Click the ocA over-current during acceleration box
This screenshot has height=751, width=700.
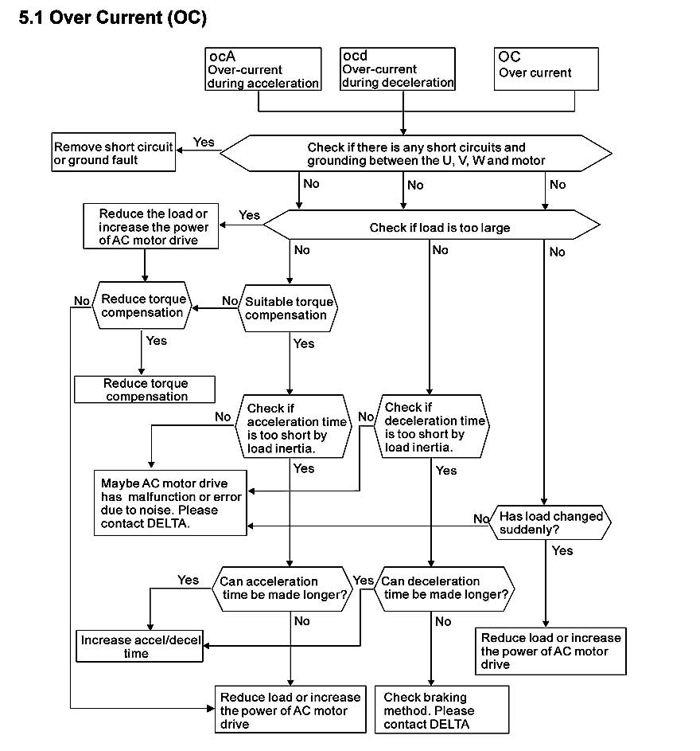(x=262, y=69)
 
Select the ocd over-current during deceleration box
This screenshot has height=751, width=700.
(x=398, y=69)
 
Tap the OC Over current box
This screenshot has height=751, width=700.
(x=546, y=69)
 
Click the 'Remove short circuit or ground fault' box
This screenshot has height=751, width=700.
(x=114, y=152)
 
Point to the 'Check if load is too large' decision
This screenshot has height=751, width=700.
(x=432, y=225)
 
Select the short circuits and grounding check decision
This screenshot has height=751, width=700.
(x=416, y=153)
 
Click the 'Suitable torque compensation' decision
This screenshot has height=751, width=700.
(x=287, y=308)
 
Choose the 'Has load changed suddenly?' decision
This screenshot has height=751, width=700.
(x=550, y=522)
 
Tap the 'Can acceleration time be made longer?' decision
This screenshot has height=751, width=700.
(x=282, y=589)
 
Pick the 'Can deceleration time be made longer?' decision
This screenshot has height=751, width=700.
(x=444, y=589)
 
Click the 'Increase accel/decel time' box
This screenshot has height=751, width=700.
(x=139, y=646)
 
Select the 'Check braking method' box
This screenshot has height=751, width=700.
(x=441, y=710)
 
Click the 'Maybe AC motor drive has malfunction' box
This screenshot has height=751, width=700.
(x=170, y=503)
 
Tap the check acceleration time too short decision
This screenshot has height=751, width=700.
(x=294, y=426)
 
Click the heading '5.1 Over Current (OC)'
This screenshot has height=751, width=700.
(x=113, y=18)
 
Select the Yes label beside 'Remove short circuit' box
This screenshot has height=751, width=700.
(x=204, y=142)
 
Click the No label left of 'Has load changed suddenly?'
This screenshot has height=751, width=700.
(x=481, y=518)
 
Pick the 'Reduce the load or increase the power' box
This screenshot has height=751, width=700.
(x=150, y=226)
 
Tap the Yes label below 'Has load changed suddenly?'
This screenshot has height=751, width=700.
(x=562, y=550)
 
